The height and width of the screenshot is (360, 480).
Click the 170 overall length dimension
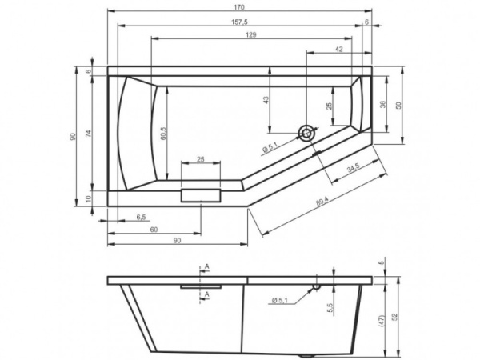(x=238, y=6)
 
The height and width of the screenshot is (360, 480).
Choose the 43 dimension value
(x=266, y=99)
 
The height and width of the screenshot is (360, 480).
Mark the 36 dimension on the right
(x=382, y=104)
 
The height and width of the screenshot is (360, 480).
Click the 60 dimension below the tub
(x=153, y=230)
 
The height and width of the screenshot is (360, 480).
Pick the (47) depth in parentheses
(x=382, y=318)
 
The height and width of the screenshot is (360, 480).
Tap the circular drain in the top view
(x=305, y=134)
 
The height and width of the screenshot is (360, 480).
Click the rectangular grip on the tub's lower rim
(x=202, y=195)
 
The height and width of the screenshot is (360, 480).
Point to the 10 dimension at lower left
(x=89, y=198)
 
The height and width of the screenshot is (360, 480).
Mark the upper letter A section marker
(x=206, y=266)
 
